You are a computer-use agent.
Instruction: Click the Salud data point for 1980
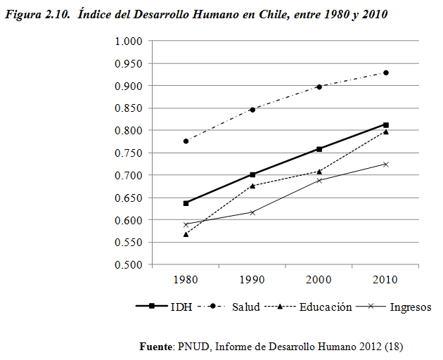pyautogui.click(x=186, y=141)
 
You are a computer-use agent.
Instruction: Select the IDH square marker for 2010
pyautogui.click(x=386, y=124)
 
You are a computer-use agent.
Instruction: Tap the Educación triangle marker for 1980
pyautogui.click(x=186, y=234)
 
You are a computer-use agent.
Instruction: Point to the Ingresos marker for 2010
pyautogui.click(x=386, y=164)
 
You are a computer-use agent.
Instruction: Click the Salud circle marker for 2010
pyautogui.click(x=386, y=73)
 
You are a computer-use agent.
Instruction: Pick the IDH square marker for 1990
pyautogui.click(x=253, y=174)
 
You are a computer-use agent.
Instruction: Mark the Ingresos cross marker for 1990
pyautogui.click(x=253, y=212)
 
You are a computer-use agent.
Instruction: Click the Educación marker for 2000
pyautogui.click(x=319, y=172)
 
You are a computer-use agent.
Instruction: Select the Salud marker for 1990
pyautogui.click(x=253, y=109)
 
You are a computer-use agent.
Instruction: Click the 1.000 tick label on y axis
pyautogui.click(x=129, y=41)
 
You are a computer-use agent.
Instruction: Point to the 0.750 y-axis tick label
pyautogui.click(x=129, y=153)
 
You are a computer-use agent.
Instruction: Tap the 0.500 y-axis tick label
pyautogui.click(x=129, y=265)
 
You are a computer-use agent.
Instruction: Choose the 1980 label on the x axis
pyautogui.click(x=186, y=280)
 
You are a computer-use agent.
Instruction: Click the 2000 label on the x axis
pyautogui.click(x=319, y=280)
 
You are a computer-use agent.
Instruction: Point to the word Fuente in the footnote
pyautogui.click(x=156, y=347)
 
